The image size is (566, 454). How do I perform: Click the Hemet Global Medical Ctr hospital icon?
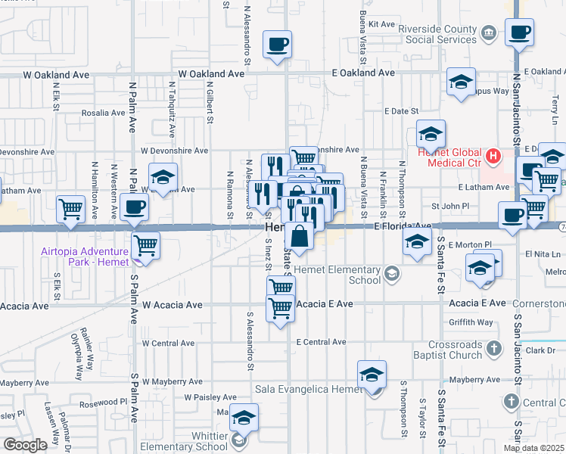[x=493, y=157]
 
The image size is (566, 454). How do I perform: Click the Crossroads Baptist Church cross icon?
[x=493, y=349]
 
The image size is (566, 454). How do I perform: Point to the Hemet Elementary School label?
[x=336, y=275]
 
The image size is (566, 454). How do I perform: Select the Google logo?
[x=25, y=444]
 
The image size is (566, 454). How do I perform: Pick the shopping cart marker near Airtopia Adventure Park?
[x=145, y=245]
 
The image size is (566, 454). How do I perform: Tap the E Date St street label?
[x=401, y=111]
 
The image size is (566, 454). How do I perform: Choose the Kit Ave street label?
[x=382, y=24]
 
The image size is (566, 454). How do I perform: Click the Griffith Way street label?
[x=470, y=322]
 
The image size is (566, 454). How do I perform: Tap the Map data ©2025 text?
[x=533, y=448]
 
